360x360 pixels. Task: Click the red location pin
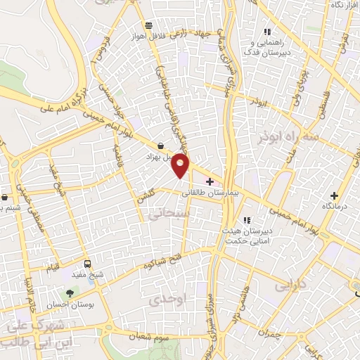coord(181,165)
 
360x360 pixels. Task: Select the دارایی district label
coord(287,286)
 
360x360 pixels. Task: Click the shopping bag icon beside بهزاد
coord(161,146)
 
